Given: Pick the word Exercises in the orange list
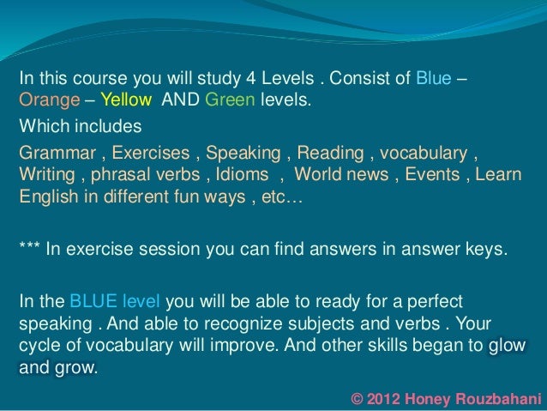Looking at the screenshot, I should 152,154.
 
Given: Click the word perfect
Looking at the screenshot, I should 436,303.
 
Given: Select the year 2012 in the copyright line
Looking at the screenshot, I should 389,397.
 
